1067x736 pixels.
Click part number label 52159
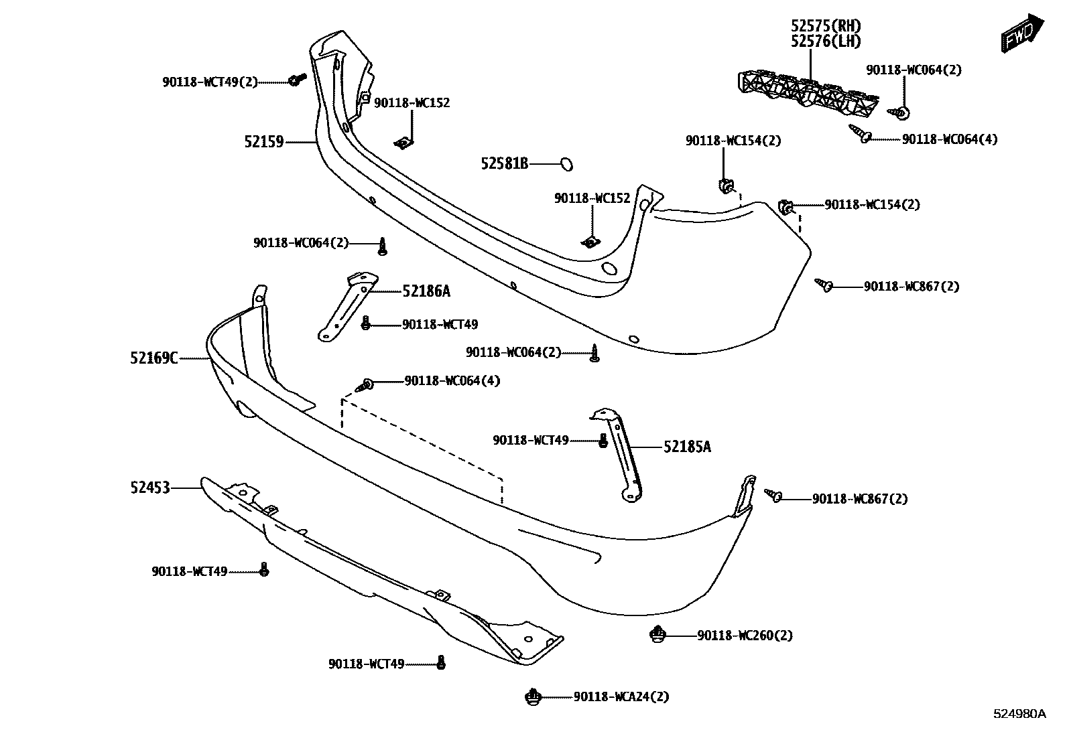coord(264,142)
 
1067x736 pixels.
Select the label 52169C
coord(154,359)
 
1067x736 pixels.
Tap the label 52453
coord(150,488)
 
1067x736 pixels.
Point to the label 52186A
coord(426,291)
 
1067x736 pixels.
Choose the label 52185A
coord(687,447)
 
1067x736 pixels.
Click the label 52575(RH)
coord(826,26)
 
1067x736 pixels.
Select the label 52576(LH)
coord(826,42)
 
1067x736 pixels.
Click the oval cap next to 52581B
coord(566,163)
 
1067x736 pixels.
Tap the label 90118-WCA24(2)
coord(621,697)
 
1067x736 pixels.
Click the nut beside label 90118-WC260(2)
coord(658,634)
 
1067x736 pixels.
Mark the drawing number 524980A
coord(1019,714)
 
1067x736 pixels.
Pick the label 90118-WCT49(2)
coord(210,82)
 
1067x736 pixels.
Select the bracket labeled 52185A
coord(623,455)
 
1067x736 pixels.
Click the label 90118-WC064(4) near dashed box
coord(452,381)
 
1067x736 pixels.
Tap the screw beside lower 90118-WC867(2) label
coord(775,496)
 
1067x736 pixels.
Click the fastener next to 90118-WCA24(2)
coord(533,697)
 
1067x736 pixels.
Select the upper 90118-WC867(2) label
coord(912,287)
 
